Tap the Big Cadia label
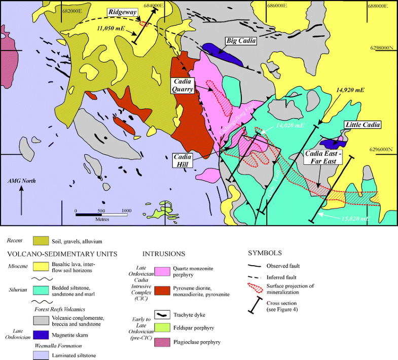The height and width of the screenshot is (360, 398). pos(240,41)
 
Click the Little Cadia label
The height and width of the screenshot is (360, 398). pos(362,125)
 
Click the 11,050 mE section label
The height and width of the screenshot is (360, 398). pos(110,29)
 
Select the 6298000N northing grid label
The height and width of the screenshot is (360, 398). pos(381,48)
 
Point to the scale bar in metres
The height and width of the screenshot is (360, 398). pos(101,214)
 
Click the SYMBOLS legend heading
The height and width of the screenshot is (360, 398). pos(265,253)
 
